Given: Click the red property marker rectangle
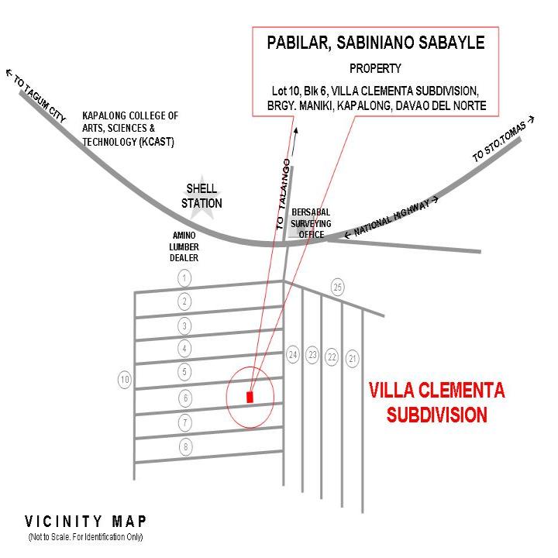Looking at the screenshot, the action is (x=250, y=397).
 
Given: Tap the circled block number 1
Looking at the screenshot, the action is (x=184, y=278).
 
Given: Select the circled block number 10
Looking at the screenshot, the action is (x=125, y=380).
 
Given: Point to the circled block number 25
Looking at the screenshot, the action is (x=338, y=287).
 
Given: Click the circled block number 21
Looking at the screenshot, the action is (x=353, y=358).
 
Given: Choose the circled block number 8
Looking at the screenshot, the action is (x=185, y=446).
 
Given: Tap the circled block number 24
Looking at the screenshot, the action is (x=293, y=354).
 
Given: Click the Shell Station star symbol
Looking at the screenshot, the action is (x=201, y=197).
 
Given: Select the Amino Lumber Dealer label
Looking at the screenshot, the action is (x=184, y=246).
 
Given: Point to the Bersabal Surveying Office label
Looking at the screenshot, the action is (x=311, y=223).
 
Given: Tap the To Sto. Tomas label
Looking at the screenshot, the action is (x=503, y=139).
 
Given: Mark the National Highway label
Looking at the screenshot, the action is (x=391, y=217).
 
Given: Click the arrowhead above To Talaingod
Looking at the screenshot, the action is (x=295, y=131).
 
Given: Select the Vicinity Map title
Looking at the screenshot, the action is (x=85, y=522).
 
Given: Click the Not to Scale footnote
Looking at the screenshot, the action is (x=85, y=536).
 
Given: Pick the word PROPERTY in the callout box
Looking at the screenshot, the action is (x=375, y=68).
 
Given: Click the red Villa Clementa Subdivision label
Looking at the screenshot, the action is (x=437, y=402).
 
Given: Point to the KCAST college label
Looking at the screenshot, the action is (x=130, y=129).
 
